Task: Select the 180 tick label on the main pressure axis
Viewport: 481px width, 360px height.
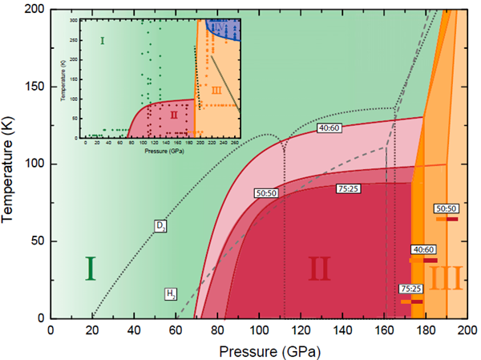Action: coord(426,330)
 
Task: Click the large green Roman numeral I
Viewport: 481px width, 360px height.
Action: coord(91,269)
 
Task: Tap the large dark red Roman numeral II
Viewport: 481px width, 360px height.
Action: coord(318,270)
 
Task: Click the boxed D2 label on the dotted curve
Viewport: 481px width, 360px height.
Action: coord(160,226)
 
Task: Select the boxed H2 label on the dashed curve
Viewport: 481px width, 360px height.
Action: coord(171,293)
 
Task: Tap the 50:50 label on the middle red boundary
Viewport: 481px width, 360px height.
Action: coord(267,193)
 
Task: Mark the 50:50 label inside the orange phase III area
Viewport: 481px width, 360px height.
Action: coord(447,208)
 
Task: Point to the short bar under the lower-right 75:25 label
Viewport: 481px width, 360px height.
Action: coord(410,301)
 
